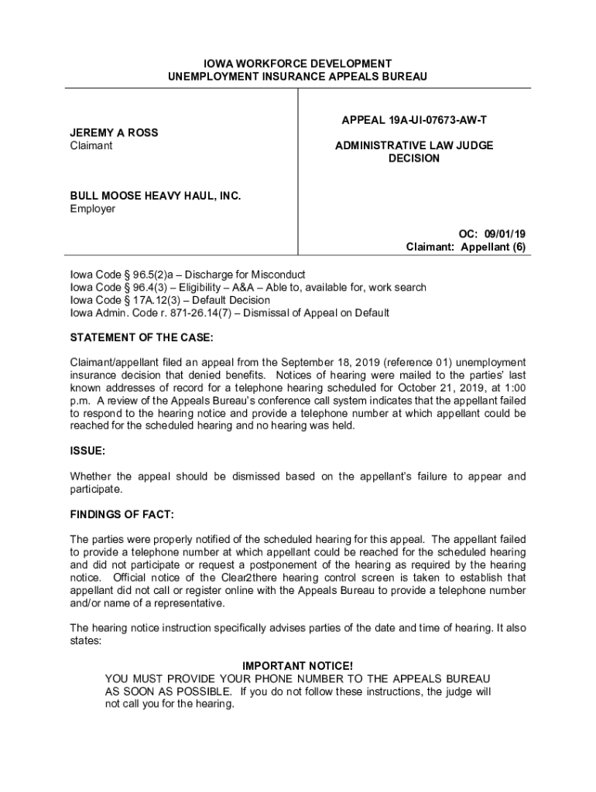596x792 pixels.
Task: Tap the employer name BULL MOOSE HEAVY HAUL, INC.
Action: (156, 196)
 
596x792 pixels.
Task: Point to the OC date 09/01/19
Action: (505, 234)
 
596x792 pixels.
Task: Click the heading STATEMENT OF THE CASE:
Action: (142, 338)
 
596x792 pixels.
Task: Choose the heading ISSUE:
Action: (87, 450)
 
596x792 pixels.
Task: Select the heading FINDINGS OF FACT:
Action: (122, 514)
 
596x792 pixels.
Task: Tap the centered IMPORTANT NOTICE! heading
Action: (298, 666)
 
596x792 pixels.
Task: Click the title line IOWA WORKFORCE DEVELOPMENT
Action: (297, 63)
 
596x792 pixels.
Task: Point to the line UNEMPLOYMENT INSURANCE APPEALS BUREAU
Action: (297, 77)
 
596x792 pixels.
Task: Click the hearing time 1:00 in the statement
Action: (515, 387)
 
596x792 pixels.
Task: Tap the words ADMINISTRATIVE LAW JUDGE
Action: (414, 145)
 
